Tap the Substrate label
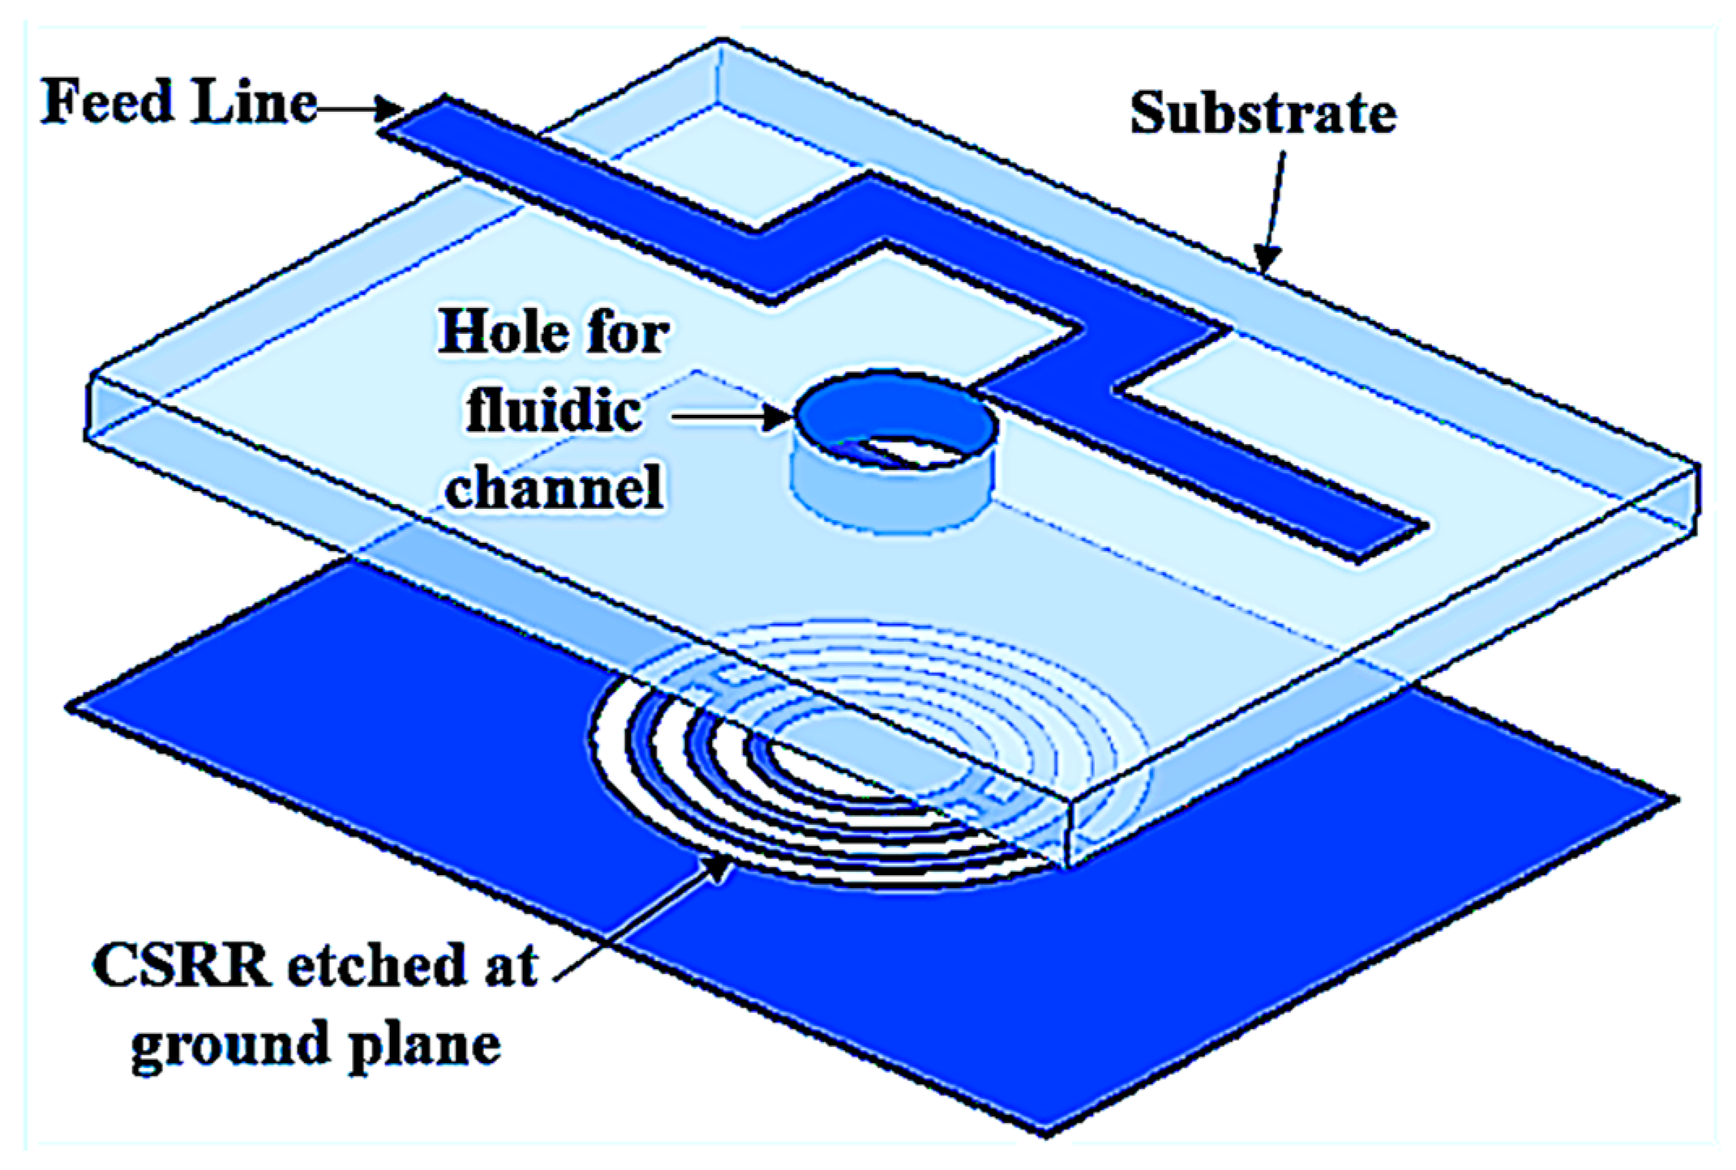[x=1263, y=113]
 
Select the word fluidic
[x=554, y=411]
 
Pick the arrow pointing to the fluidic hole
[x=733, y=417]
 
